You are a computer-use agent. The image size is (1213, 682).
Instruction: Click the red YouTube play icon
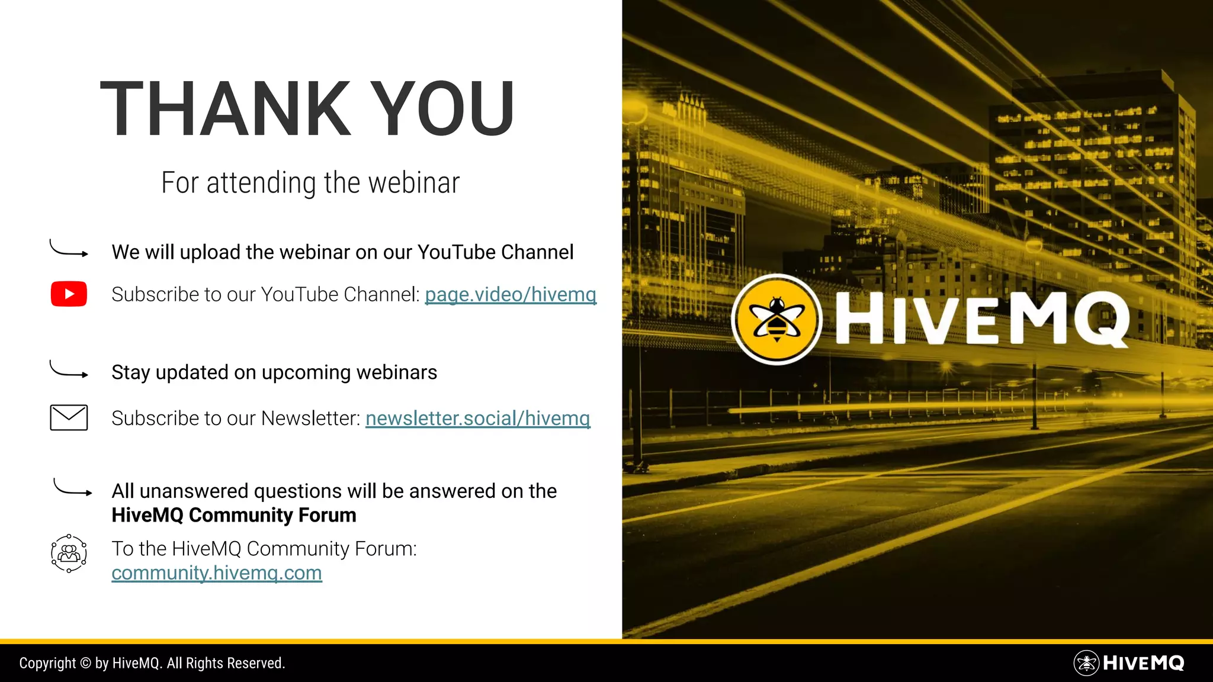tap(69, 294)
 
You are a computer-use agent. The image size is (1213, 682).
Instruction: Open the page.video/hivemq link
tap(511, 294)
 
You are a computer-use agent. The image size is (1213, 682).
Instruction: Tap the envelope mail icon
tap(69, 418)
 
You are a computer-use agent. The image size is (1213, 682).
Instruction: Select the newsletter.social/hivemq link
tap(477, 419)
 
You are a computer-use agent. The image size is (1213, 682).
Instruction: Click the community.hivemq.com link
tap(217, 573)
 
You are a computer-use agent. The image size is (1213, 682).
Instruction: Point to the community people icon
tap(69, 554)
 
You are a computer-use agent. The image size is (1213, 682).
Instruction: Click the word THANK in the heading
tap(226, 110)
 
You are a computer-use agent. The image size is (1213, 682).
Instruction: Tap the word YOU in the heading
tap(444, 110)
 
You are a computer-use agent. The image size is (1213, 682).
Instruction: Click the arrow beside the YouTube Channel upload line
tap(69, 249)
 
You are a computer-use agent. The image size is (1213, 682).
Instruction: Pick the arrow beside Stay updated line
tap(69, 370)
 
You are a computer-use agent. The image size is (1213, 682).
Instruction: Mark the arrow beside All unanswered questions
tap(72, 488)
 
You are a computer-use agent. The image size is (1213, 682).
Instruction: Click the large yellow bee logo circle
tap(776, 320)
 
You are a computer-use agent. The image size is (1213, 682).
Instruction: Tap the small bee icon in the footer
tap(1086, 663)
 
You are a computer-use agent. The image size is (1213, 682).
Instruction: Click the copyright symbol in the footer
tap(85, 663)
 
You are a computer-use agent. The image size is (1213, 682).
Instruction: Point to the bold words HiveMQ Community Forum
tap(234, 516)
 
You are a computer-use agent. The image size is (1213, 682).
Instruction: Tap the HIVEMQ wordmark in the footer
tap(1143, 663)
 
